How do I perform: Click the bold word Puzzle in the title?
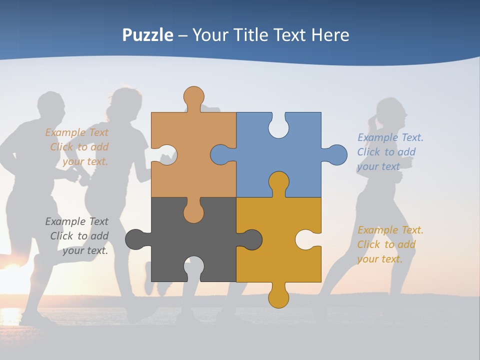[147, 35]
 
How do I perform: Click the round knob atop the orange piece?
[193, 95]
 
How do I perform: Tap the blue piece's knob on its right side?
[337, 154]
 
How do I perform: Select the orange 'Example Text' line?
[76, 132]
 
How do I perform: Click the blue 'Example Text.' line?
[390, 137]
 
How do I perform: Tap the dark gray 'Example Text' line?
[76, 221]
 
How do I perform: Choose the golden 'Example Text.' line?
[390, 230]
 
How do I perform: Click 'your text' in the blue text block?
[378, 166]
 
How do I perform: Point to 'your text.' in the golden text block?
[379, 259]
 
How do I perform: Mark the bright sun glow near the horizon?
[12, 280]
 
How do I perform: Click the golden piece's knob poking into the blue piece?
[278, 181]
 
